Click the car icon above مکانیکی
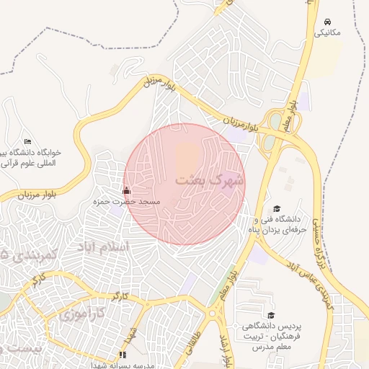329,22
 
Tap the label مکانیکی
329,33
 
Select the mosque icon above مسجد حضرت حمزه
127,191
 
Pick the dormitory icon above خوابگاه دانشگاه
28,141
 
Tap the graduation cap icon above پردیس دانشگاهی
271,315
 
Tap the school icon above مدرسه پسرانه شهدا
122,355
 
